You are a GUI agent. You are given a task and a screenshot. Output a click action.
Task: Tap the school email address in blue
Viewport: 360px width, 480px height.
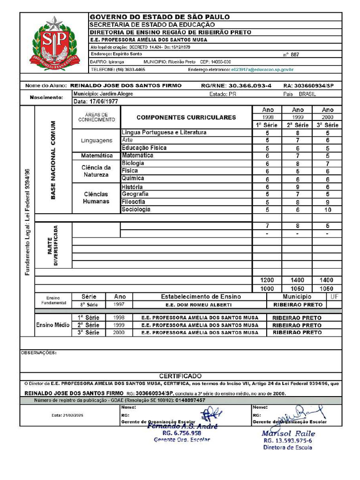262,69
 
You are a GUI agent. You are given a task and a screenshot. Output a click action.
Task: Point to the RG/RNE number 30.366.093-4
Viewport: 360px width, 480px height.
249,86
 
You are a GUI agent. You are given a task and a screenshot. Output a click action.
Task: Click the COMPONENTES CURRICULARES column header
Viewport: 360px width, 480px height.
186,117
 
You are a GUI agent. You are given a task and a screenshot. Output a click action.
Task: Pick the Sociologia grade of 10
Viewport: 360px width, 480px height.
328,210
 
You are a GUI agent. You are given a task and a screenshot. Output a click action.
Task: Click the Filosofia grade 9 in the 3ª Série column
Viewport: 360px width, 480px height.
328,202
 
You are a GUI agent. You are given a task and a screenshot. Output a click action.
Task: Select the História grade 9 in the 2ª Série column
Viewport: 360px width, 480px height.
298,187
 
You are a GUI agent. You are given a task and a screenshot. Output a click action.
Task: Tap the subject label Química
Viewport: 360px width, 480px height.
130,179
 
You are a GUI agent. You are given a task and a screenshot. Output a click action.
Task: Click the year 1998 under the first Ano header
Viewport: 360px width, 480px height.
268,117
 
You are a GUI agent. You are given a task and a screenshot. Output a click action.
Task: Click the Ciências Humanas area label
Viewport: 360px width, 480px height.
96,198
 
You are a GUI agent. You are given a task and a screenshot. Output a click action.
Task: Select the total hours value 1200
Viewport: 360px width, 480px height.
267,280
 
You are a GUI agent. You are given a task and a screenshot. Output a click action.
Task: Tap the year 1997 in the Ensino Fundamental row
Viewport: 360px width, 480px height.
120,304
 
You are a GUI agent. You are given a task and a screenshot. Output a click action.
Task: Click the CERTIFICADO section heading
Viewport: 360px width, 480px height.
180,376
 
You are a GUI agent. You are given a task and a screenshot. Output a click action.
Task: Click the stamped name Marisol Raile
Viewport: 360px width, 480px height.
288,434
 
